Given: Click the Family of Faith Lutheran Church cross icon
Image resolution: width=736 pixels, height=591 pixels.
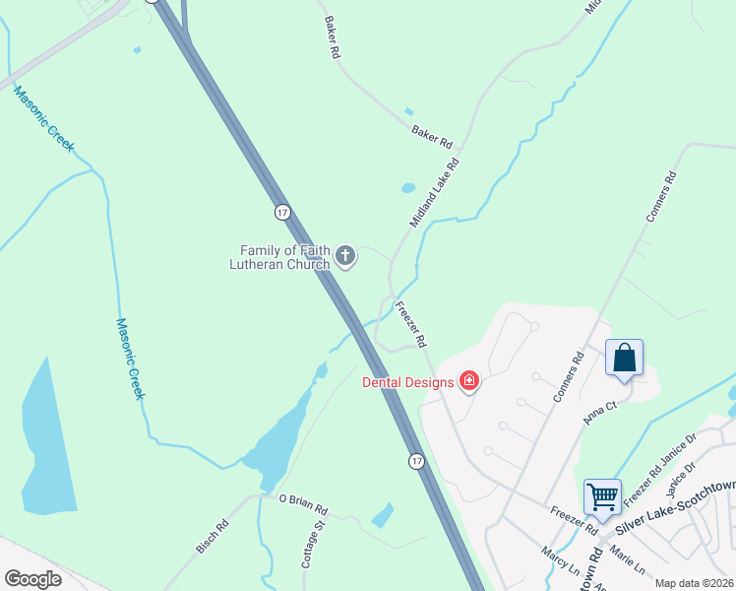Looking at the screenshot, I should coord(345,257).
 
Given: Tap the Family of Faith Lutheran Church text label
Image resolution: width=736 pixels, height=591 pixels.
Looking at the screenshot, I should coord(281,257).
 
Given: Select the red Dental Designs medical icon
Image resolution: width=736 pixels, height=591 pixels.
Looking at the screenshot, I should coord(469,381).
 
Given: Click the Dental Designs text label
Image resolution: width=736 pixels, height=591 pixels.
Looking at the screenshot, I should coord(407,382).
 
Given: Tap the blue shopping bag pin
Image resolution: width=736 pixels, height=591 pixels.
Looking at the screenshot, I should coord(625,358).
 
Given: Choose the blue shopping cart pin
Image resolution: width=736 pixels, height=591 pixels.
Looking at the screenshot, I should coord(601,496).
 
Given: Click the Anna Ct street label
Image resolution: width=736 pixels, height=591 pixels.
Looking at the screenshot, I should coord(598,412).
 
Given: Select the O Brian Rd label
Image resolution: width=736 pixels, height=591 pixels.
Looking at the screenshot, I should coord(303,505).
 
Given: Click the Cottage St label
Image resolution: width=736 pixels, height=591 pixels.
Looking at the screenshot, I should coord(312,547).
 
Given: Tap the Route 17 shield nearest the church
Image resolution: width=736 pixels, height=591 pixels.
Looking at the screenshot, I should coord(282,212).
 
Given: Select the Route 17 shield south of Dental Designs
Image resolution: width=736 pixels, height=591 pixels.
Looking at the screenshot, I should coord(417,461).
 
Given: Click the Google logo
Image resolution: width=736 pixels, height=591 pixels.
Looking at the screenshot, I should coord(32,579).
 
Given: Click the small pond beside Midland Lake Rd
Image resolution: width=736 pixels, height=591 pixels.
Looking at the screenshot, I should coord(407,187).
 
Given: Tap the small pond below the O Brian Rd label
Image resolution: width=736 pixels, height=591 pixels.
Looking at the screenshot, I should coord(383,515).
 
